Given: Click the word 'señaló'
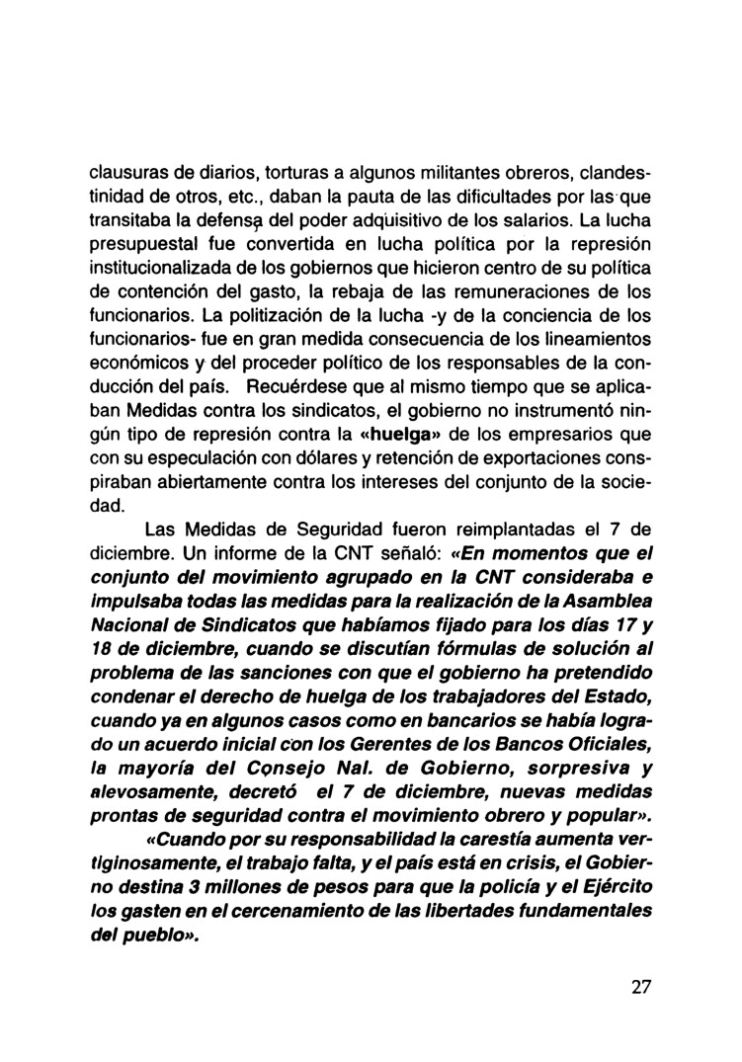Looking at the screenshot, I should pyautogui.click(x=402, y=559).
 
